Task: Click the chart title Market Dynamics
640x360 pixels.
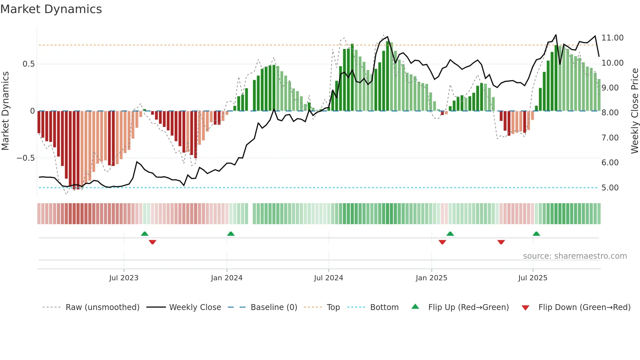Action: [51, 9]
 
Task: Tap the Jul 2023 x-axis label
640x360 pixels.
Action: [124, 278]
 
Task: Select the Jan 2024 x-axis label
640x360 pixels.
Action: [227, 278]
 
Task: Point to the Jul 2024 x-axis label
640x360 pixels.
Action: [328, 278]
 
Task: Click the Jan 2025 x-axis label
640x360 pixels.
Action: [431, 278]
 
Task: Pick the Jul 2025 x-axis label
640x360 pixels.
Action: [533, 278]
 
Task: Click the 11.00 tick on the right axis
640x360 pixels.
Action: [612, 38]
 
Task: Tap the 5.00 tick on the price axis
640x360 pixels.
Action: [610, 188]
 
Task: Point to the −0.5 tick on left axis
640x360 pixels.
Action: [25, 158]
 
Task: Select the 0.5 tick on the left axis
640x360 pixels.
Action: [28, 64]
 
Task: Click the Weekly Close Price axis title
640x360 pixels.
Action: [634, 111]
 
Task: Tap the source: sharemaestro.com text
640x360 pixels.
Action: [575, 256]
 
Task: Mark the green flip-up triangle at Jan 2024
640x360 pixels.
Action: [231, 234]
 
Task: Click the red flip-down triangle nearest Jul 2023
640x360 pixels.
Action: [152, 242]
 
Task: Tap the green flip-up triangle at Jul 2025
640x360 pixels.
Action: [536, 234]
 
